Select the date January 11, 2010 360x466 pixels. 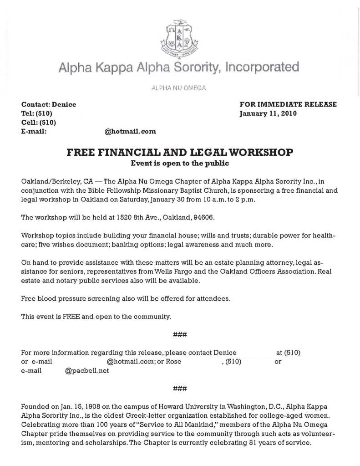click(268, 113)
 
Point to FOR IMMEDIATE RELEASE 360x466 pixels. click(288, 104)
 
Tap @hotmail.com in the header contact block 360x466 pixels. click(130, 132)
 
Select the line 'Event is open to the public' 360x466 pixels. click(180, 163)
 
